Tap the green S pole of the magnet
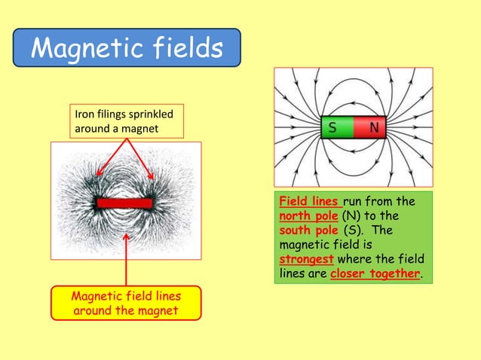coord(332,128)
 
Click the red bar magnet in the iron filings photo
coord(124,203)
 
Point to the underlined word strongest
coord(306,258)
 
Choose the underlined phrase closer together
coord(375,273)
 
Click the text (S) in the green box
coord(353,230)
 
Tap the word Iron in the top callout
coord(84,115)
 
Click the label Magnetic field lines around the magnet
coord(125,303)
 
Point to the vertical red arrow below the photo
coord(125,260)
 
